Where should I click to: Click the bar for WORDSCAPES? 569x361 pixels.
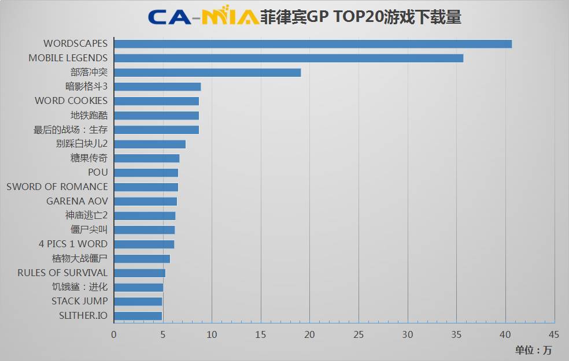tap(312, 44)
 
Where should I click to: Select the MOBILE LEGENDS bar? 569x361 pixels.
tap(288, 58)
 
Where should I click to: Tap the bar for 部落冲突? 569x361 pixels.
tap(207, 72)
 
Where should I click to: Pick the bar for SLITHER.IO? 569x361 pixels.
tap(138, 315)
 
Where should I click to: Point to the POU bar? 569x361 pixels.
tap(146, 172)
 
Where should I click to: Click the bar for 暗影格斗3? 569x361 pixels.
tap(157, 87)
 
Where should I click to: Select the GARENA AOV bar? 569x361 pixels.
tap(145, 201)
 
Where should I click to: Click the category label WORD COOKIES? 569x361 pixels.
tap(71, 101)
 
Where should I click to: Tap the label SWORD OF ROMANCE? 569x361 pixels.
tap(57, 187)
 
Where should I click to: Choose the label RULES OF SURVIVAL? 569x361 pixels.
tap(62, 273)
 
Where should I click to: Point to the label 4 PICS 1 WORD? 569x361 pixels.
tap(73, 244)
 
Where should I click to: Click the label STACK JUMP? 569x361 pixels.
tap(79, 301)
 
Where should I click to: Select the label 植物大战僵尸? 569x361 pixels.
tap(80, 258)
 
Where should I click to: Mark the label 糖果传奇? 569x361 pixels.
tap(89, 158)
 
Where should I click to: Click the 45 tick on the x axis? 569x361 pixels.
tap(554, 334)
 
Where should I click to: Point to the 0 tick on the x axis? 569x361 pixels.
tap(114, 334)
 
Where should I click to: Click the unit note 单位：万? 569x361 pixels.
tap(533, 350)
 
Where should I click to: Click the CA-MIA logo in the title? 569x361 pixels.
tap(202, 17)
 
